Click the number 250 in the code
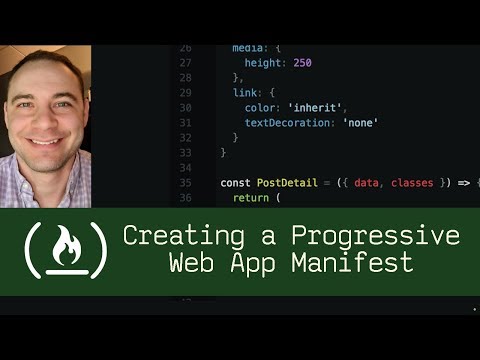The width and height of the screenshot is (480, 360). pyautogui.click(x=302, y=62)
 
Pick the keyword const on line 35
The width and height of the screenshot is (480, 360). pyautogui.click(x=236, y=183)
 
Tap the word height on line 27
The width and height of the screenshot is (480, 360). pyautogui.click(x=263, y=62)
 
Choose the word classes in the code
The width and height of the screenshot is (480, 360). pyautogui.click(x=413, y=183)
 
